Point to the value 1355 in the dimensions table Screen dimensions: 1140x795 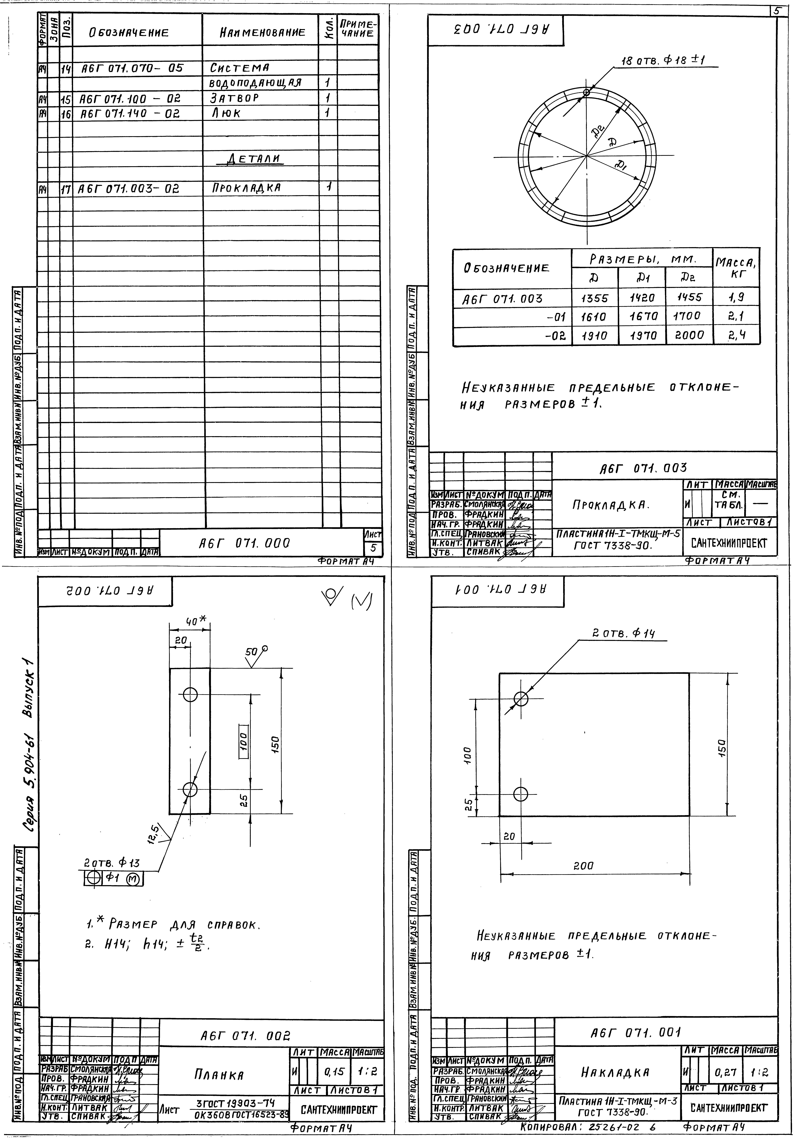(594, 298)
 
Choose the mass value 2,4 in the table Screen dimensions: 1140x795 (736, 336)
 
